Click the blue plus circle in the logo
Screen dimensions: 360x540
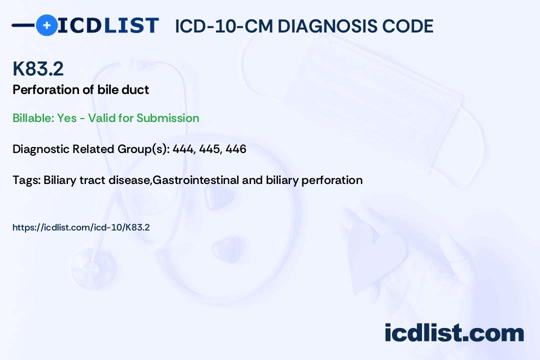[x=46, y=25]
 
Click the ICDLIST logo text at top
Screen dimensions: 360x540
[x=108, y=25]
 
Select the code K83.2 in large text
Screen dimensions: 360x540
[x=38, y=69]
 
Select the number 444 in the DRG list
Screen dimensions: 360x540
[x=183, y=149]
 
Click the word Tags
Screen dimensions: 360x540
[x=25, y=180]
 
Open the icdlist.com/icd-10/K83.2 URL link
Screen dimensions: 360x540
[x=81, y=227]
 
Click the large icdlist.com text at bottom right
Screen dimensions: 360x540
[x=454, y=332]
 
